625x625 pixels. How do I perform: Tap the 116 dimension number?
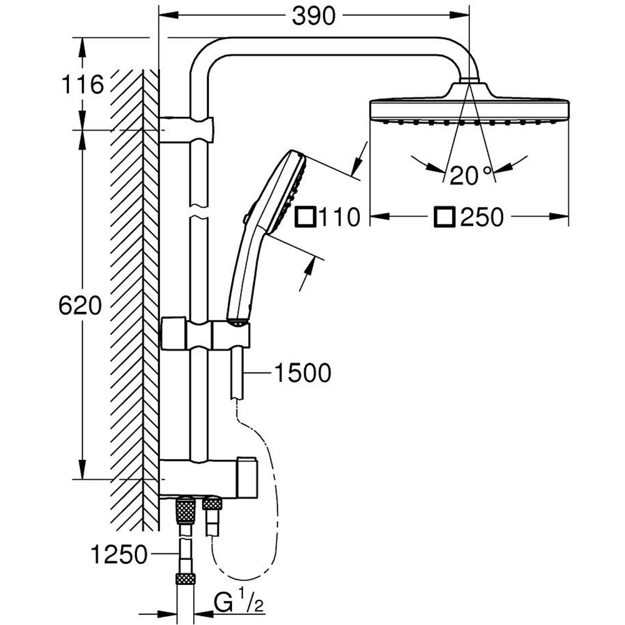pyautogui.click(x=82, y=84)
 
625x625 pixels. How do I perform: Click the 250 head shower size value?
pyautogui.click(x=481, y=217)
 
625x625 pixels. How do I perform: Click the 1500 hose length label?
pyautogui.click(x=302, y=374)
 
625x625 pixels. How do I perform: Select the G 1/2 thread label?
pyautogui.click(x=234, y=603)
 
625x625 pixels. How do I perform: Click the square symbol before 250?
pyautogui.click(x=445, y=217)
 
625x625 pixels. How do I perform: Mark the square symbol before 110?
pyautogui.click(x=306, y=217)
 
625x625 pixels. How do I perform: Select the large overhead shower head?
pyautogui.click(x=470, y=109)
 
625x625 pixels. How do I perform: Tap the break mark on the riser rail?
pyautogui.click(x=197, y=211)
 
